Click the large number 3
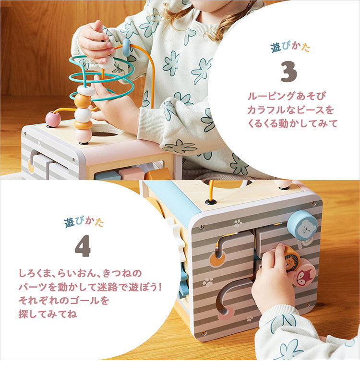289,72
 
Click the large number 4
83,245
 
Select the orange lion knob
291,258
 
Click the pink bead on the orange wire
53,119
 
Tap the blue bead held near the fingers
127,47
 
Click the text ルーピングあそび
287,96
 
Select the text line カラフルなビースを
290,109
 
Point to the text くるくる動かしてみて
292,123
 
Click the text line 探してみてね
48,314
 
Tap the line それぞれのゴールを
63,300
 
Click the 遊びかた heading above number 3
290,47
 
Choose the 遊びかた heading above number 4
84,222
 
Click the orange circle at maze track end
217,259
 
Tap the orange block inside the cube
158,174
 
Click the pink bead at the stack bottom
84,136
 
